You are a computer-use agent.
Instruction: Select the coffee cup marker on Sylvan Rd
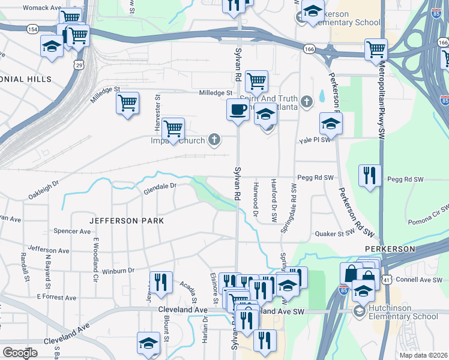[x=238, y=110]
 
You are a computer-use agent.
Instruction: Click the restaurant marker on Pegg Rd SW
[x=369, y=176]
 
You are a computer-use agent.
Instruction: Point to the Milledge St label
[x=215, y=93]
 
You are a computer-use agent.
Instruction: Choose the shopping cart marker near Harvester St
[x=173, y=128]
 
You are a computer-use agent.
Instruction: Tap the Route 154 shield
[x=32, y=29]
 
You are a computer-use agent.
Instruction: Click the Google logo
[x=20, y=353]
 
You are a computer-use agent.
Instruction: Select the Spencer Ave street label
[x=71, y=231]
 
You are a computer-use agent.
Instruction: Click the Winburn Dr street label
[x=118, y=271]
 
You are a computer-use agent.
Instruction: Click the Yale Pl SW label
[x=315, y=140]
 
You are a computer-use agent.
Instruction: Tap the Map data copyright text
[x=424, y=355]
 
